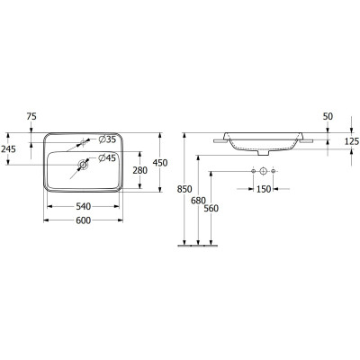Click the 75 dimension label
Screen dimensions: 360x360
(x=31, y=116)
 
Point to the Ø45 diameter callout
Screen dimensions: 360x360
(x=106, y=157)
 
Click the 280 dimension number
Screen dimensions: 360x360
(x=139, y=170)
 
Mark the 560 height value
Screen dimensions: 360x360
(x=211, y=209)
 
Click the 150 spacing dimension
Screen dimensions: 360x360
(x=263, y=190)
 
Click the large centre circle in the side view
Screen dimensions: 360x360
(x=263, y=171)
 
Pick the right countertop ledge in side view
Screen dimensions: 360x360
(x=308, y=140)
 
